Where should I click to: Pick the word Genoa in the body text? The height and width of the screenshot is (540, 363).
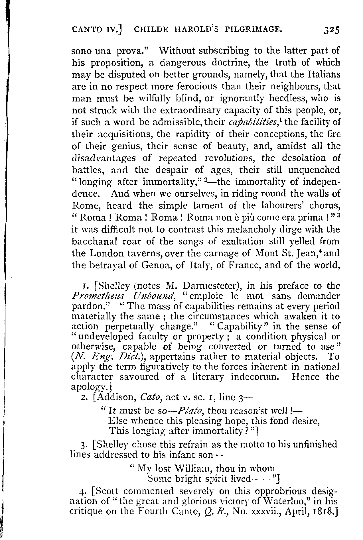(x=154, y=265)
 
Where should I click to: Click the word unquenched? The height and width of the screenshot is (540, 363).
(x=314, y=170)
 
